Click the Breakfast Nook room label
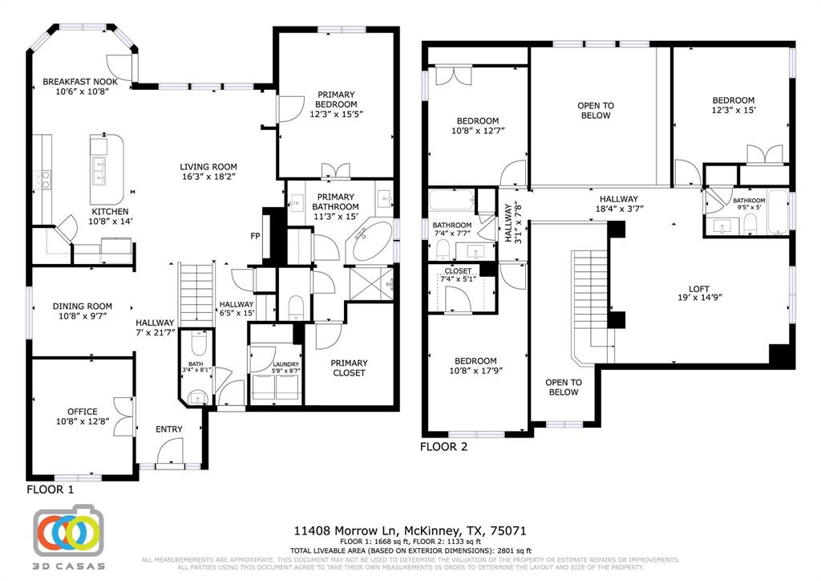80,82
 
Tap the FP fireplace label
255,236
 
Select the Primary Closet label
349,367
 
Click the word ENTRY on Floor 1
168,429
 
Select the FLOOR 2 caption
444,447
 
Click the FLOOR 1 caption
51,489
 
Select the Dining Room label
83,306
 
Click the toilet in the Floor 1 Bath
200,343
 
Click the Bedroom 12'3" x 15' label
733,100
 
